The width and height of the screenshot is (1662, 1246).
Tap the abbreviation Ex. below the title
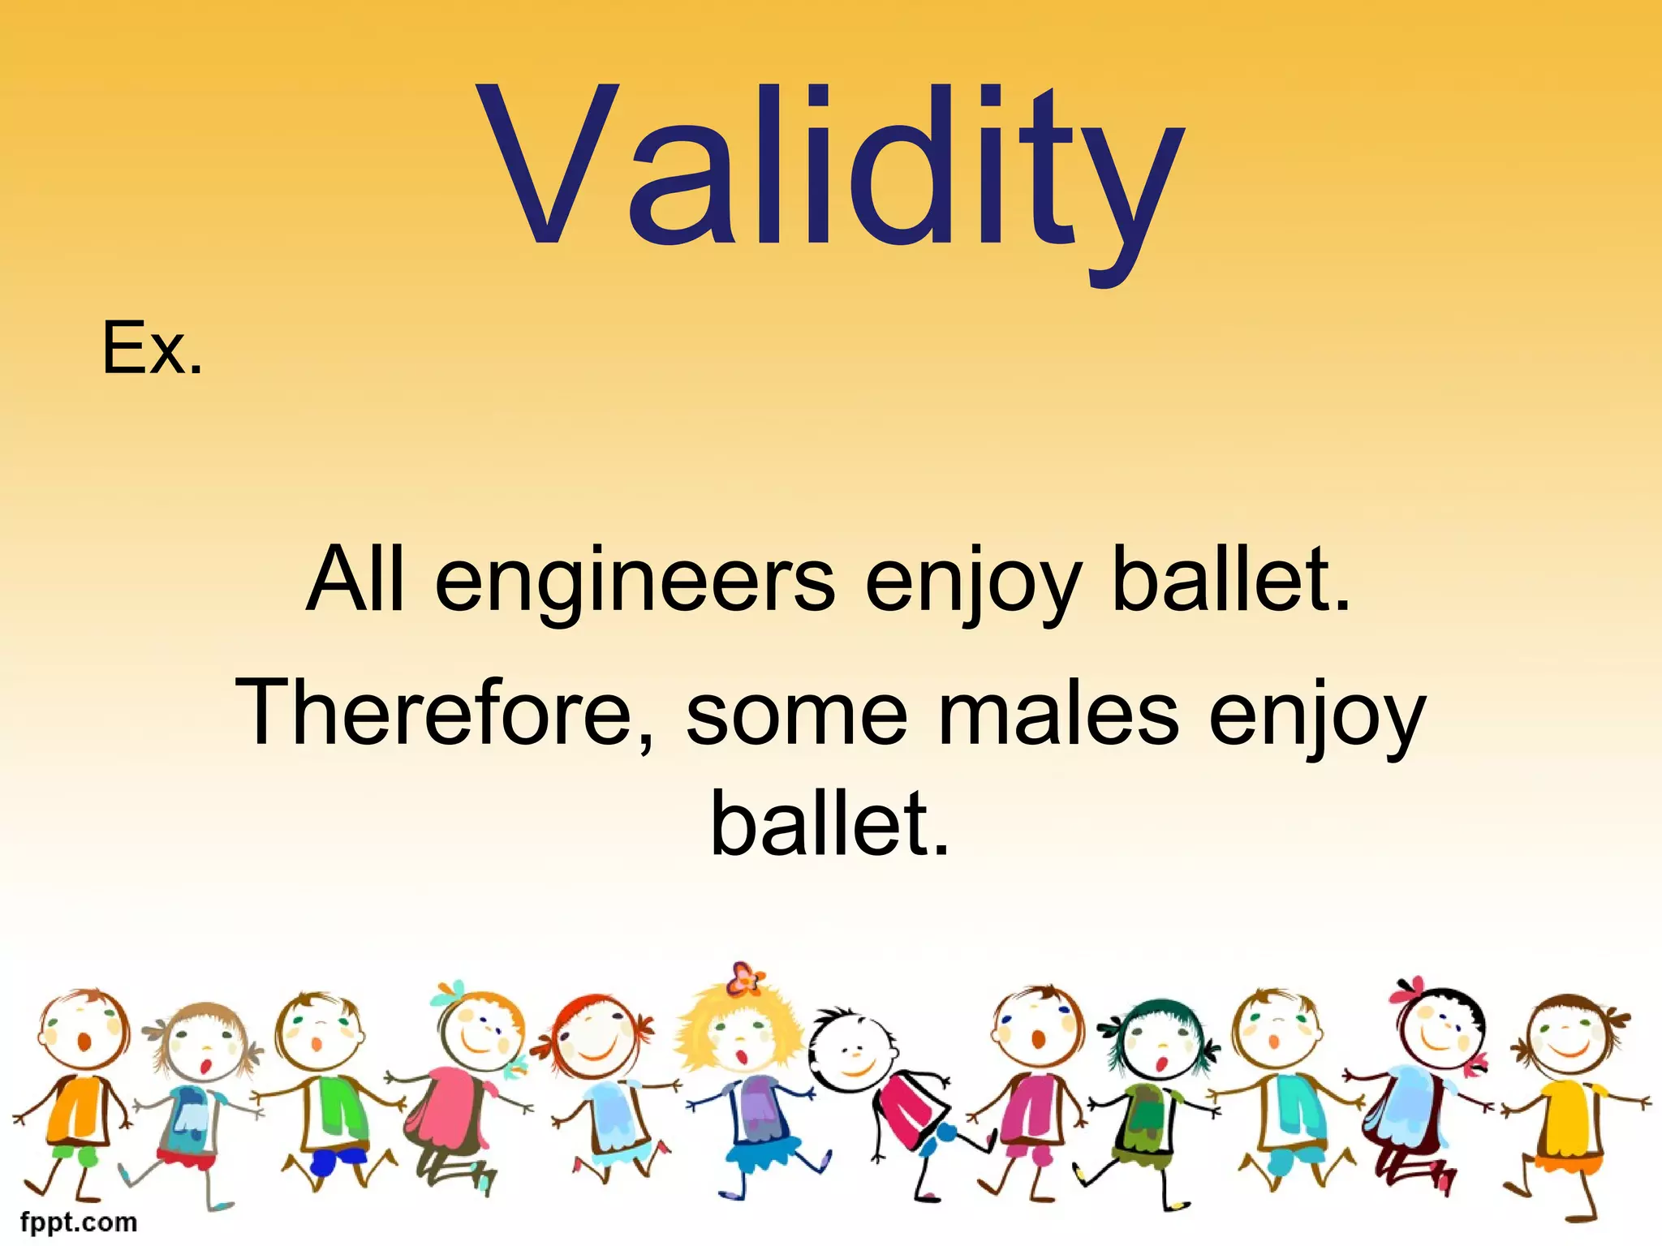point(152,349)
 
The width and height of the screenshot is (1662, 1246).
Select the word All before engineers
point(355,579)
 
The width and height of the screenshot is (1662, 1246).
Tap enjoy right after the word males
point(1316,719)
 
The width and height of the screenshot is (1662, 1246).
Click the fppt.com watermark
point(79,1222)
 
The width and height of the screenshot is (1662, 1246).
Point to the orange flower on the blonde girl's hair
point(744,978)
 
